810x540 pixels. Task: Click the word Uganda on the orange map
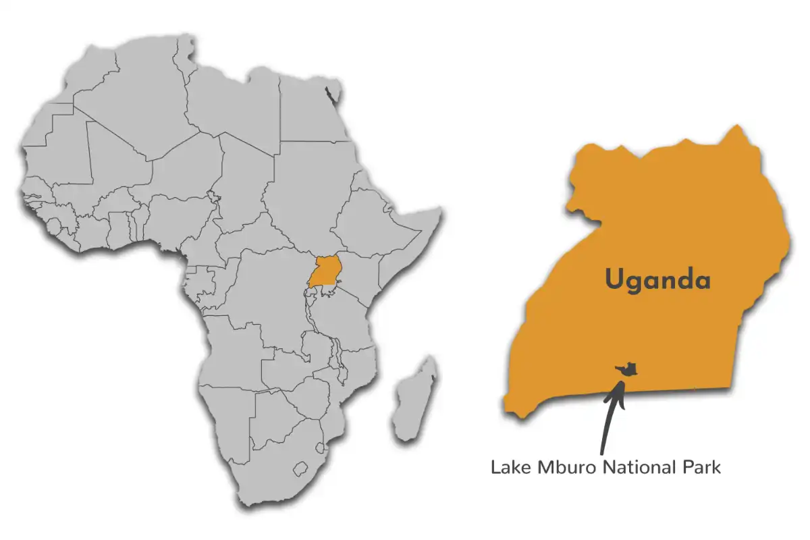pyautogui.click(x=657, y=279)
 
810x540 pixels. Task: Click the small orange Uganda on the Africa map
pyautogui.click(x=325, y=273)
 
